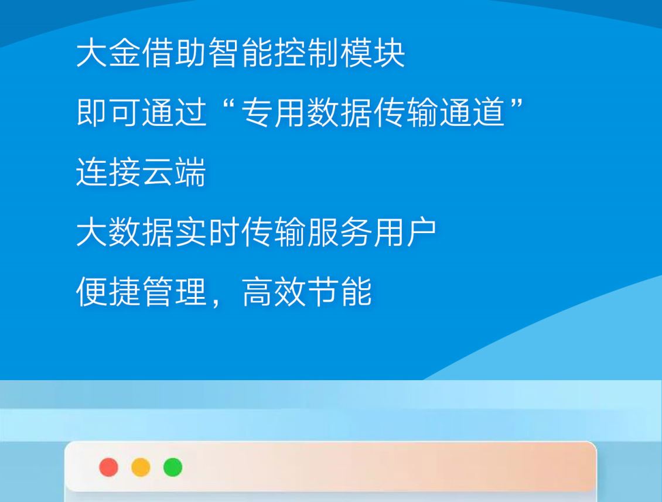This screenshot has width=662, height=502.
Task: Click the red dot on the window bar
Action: point(108,467)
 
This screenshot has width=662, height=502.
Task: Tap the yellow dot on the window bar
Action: point(141,467)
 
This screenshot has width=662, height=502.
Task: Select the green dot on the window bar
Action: point(173,467)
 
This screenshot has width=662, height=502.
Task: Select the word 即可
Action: point(108,112)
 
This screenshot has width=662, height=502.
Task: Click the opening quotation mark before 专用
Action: point(228,105)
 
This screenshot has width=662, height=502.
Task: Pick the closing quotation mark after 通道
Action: point(517,105)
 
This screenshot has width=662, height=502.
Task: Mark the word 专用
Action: point(274,112)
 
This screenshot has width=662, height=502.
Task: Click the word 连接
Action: point(108,172)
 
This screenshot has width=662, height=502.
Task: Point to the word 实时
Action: point(207,232)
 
